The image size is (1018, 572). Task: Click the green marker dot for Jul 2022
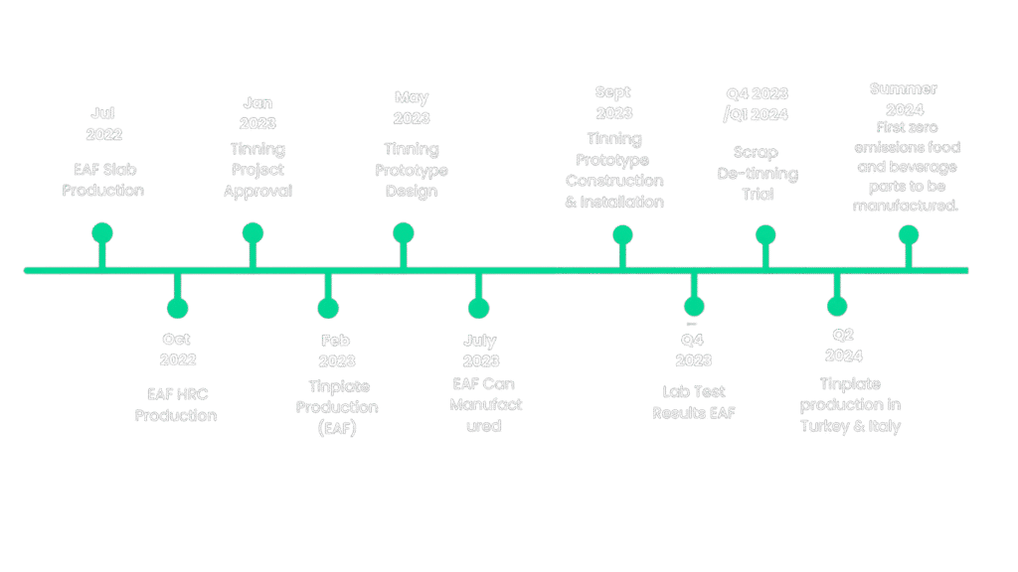tap(102, 232)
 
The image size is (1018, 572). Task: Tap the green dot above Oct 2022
tap(178, 308)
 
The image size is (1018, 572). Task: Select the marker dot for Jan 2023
tap(253, 232)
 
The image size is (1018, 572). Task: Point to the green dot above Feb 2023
tap(328, 308)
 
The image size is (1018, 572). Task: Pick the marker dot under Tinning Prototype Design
tap(403, 232)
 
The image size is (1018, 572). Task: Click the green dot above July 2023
tap(478, 308)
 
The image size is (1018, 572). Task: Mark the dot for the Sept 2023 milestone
tap(622, 235)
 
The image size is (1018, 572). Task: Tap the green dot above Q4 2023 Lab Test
tap(694, 307)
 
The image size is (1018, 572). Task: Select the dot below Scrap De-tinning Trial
tap(764, 235)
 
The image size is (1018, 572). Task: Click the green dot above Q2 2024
tap(837, 307)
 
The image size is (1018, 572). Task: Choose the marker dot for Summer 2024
tap(908, 235)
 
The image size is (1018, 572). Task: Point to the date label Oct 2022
tap(177, 350)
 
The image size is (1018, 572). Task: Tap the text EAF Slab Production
tap(102, 179)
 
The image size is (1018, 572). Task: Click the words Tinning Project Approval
tap(257, 170)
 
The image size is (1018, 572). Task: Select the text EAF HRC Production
tap(176, 404)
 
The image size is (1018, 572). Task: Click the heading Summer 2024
tap(903, 99)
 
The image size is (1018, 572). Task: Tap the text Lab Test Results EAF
tap(693, 402)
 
